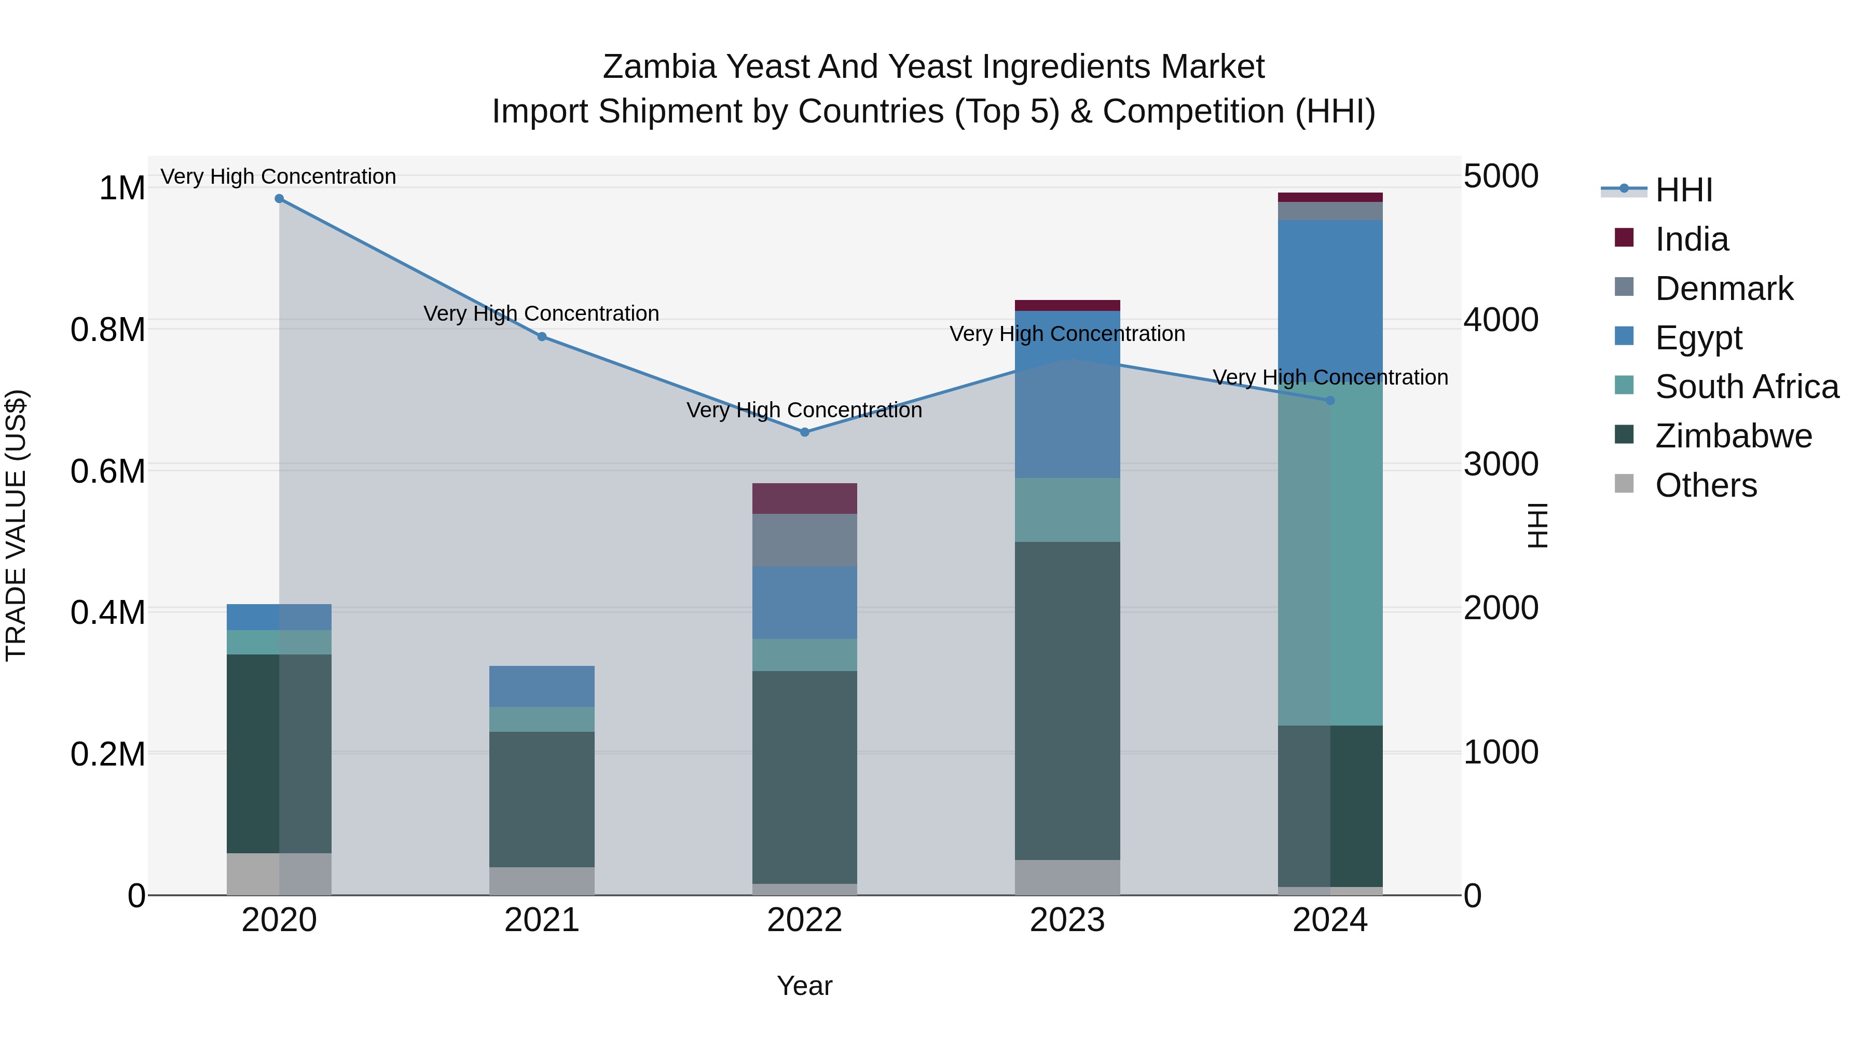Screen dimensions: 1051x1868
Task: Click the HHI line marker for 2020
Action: tap(279, 199)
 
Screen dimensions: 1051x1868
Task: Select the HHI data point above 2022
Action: tap(804, 432)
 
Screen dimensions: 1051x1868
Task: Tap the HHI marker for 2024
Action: tap(1330, 400)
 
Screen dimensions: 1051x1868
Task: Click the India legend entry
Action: tap(1692, 239)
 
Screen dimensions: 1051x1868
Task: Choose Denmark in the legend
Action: tap(1724, 289)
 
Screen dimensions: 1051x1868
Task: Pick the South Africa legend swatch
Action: tap(1624, 386)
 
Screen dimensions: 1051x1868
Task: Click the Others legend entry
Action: tap(1706, 485)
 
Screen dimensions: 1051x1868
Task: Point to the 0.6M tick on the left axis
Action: tap(108, 471)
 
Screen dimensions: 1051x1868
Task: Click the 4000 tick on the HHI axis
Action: tap(1500, 320)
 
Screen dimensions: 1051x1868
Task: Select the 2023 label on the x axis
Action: tap(1067, 920)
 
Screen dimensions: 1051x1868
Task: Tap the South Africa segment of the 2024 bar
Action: tap(1330, 551)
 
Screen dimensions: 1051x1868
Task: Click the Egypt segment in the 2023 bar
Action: tap(1067, 395)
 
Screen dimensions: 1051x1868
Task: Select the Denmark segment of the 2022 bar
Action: tap(804, 540)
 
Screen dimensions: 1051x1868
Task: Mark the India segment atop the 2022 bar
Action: tap(804, 499)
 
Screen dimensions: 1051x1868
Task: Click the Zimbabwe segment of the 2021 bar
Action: tap(542, 799)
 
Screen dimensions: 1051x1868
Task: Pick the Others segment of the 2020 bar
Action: tap(279, 874)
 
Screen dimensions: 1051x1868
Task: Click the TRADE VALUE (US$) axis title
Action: tap(16, 525)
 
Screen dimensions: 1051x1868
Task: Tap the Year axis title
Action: tap(804, 986)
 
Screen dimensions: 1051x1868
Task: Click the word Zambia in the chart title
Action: tap(660, 67)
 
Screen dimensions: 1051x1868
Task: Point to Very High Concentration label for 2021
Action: tap(542, 313)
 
